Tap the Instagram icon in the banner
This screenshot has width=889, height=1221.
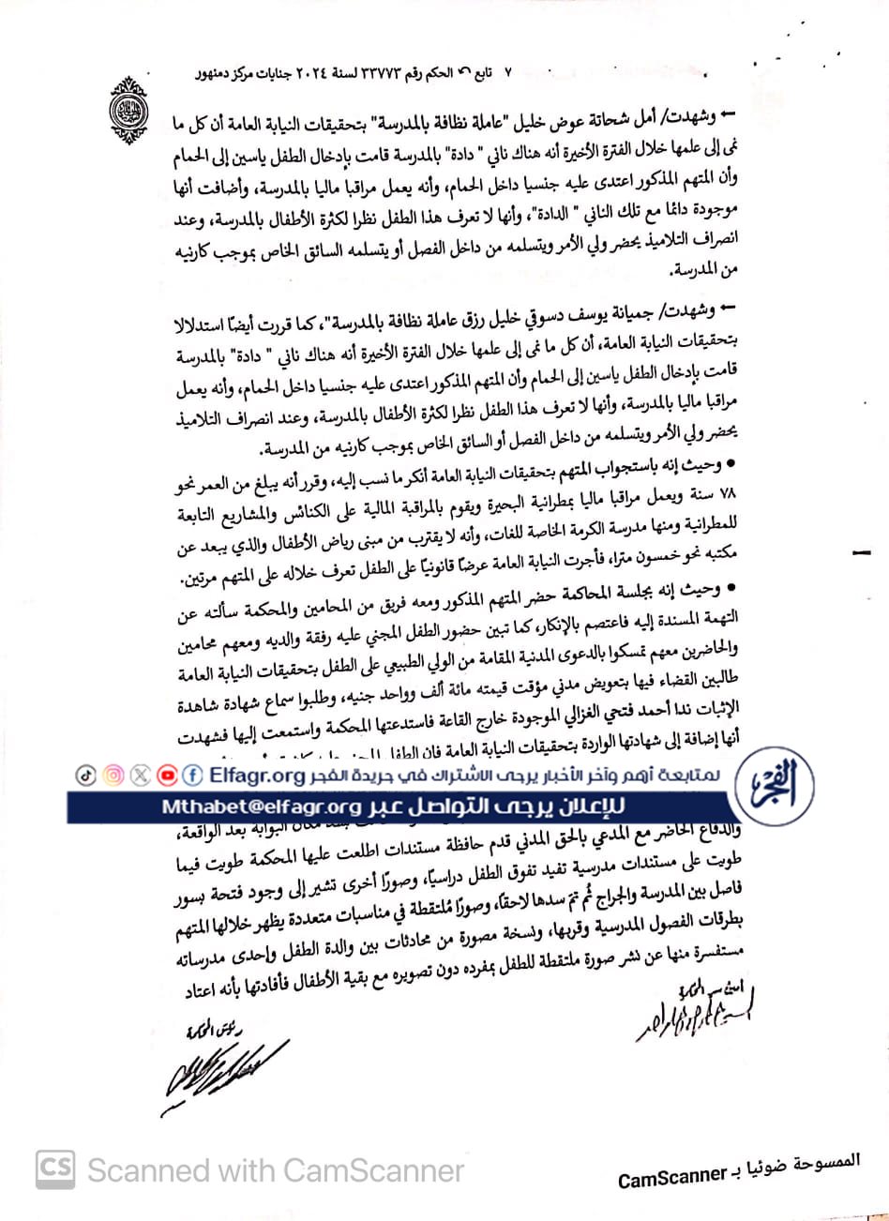(x=113, y=776)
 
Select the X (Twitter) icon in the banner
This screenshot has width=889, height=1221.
(x=141, y=776)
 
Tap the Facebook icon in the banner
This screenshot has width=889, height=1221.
(x=193, y=776)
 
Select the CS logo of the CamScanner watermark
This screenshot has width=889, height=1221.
(x=55, y=1168)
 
